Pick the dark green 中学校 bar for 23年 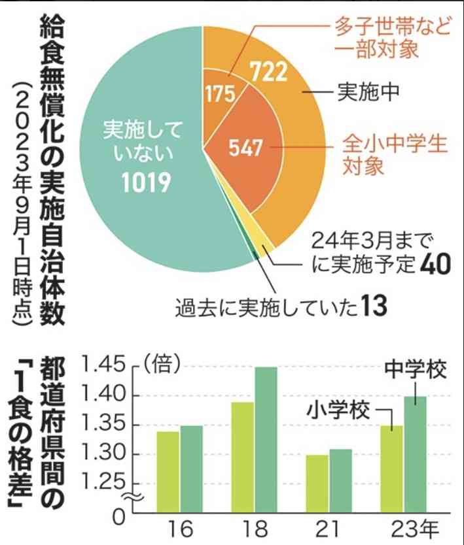(x=416, y=455)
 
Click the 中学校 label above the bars (x=416, y=370)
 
